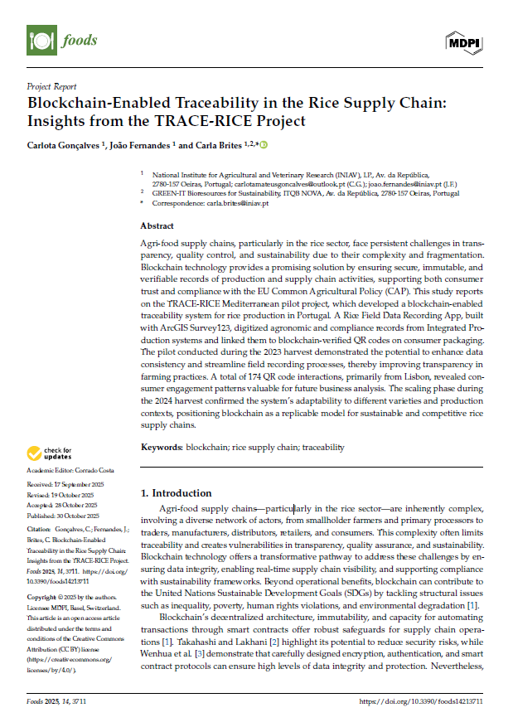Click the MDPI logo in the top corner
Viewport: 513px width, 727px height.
click(x=465, y=40)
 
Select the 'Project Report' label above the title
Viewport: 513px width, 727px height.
click(x=51, y=86)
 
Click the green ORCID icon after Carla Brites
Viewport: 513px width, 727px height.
click(x=264, y=146)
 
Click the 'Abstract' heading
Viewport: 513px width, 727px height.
click(x=157, y=225)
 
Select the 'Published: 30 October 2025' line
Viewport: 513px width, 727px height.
click(x=63, y=514)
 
